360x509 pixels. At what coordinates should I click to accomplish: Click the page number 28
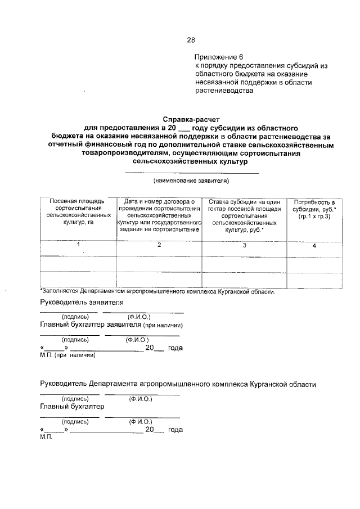(x=191, y=40)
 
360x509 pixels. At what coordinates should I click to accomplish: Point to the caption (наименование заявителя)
(x=191, y=181)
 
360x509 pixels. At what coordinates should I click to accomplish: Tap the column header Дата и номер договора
(x=159, y=215)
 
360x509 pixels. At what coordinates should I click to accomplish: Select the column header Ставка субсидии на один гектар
(x=244, y=215)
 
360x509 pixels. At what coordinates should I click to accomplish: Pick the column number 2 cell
(x=159, y=245)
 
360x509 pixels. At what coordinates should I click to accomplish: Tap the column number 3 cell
(x=244, y=245)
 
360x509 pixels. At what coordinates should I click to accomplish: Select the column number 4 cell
(x=314, y=246)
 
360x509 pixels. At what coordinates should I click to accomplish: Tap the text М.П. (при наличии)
(x=67, y=355)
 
